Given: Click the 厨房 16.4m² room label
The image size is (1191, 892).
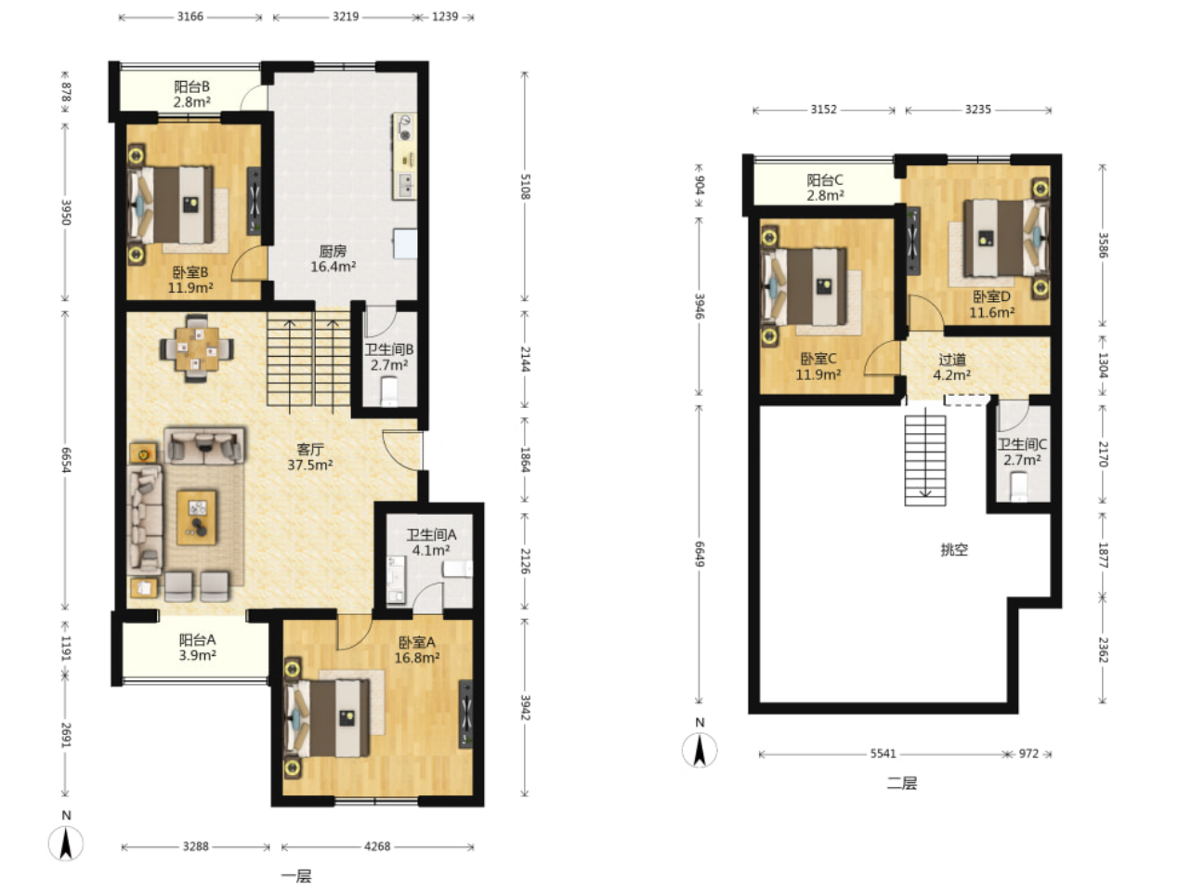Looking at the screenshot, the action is pos(333,259).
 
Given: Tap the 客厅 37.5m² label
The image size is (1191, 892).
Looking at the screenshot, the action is pos(309,457).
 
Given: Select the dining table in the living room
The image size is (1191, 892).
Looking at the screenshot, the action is pos(196,348).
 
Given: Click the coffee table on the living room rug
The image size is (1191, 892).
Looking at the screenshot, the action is pos(196,517).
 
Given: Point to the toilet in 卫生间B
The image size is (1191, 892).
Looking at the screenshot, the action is pos(389,391).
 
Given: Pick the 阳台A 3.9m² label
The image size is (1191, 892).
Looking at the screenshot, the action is pos(198,648).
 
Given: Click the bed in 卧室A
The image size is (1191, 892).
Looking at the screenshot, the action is pos(327,718).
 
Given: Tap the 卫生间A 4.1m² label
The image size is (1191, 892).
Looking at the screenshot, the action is pos(431,543).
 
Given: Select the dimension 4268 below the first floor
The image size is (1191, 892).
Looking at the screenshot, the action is pos(377,846).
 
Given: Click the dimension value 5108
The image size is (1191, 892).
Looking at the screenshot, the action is pos(525,187).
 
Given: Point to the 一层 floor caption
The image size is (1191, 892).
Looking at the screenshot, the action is pos(296,875).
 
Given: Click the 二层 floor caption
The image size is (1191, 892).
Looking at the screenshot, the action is pos(902,783).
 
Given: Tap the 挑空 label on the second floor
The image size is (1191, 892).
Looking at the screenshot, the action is pos(954,550).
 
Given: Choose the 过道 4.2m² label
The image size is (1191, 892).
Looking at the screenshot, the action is pos(951,367).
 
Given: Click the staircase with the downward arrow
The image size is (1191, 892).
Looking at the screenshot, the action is pos(925,461).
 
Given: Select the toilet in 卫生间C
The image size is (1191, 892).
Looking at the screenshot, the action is pos(1018,486).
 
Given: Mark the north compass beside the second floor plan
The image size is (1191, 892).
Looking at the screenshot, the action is pos(700,750).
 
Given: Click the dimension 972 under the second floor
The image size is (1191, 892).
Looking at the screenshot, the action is pos(1028,754).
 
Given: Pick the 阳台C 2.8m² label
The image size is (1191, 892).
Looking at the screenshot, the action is pos(825,188).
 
